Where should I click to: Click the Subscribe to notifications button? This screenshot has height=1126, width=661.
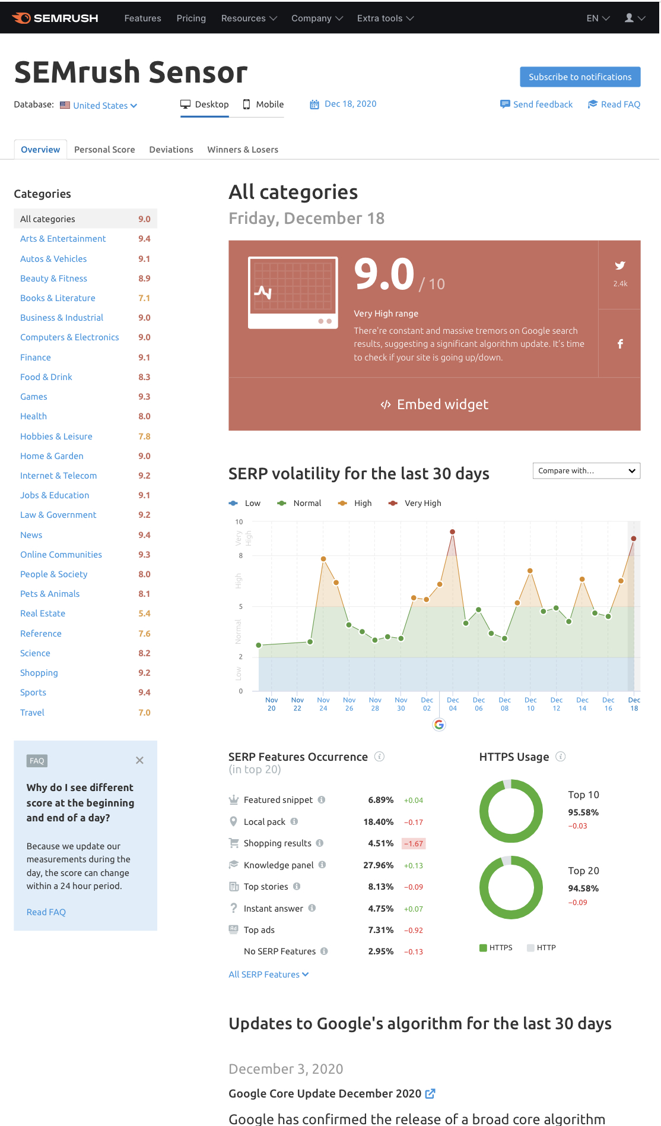(580, 77)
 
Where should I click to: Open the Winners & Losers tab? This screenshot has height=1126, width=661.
(243, 150)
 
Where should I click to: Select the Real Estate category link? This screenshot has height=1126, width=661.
(43, 613)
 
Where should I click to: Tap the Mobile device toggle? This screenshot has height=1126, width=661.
(263, 105)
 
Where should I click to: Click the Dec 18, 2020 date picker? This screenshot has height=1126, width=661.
(343, 104)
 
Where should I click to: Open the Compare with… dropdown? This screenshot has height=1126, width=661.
(586, 471)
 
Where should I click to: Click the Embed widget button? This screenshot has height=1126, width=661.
(434, 404)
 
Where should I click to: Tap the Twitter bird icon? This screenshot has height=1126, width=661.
(620, 265)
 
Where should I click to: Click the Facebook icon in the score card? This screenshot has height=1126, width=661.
(620, 344)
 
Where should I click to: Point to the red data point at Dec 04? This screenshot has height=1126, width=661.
(453, 532)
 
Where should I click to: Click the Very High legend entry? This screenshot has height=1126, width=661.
(415, 503)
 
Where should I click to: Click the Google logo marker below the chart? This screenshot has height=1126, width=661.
(439, 725)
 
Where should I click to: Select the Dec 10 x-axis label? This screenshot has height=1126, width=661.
(530, 704)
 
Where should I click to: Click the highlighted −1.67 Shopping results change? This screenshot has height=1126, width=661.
(414, 843)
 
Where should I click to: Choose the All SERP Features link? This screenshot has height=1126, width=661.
(269, 975)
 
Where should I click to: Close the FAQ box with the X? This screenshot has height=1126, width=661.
(139, 760)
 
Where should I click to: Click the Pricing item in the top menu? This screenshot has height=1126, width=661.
(191, 18)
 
